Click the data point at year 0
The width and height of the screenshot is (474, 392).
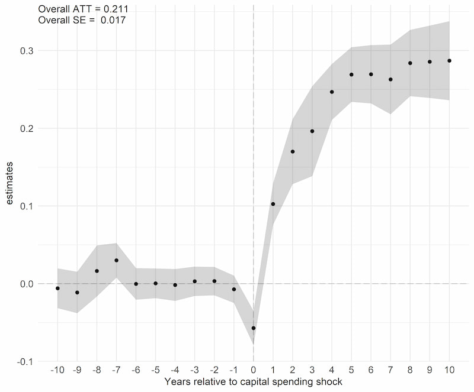click(x=254, y=328)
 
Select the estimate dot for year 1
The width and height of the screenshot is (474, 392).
click(x=273, y=204)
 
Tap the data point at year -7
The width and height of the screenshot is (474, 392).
click(x=116, y=260)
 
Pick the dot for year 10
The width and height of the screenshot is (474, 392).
click(x=450, y=60)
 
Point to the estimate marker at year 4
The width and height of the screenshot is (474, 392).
click(x=332, y=92)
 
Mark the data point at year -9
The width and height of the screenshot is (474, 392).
click(x=77, y=293)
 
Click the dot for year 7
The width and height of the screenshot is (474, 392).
click(x=390, y=79)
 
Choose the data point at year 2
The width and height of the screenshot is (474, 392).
click(x=293, y=151)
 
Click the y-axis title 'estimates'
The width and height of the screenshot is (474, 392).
click(x=11, y=186)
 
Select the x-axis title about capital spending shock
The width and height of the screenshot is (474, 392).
click(x=253, y=383)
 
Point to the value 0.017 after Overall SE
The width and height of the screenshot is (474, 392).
click(x=113, y=20)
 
